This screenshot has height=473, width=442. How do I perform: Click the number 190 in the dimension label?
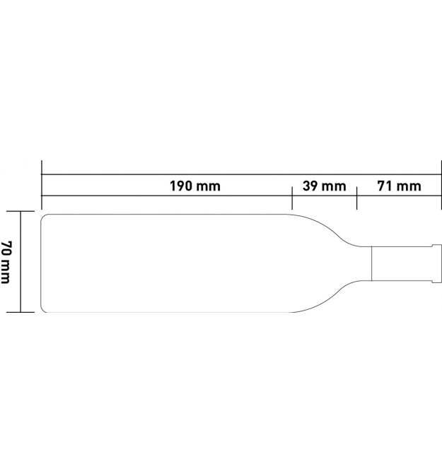pyautogui.click(x=181, y=186)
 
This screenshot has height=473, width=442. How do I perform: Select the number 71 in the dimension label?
pyautogui.click(x=385, y=186)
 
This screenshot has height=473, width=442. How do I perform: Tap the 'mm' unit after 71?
pyautogui.click(x=409, y=187)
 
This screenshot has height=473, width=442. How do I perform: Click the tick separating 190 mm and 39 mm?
pyautogui.click(x=292, y=198)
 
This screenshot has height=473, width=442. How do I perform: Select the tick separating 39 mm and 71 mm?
pyautogui.click(x=357, y=198)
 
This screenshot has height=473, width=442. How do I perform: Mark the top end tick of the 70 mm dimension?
pyautogui.click(x=21, y=211)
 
